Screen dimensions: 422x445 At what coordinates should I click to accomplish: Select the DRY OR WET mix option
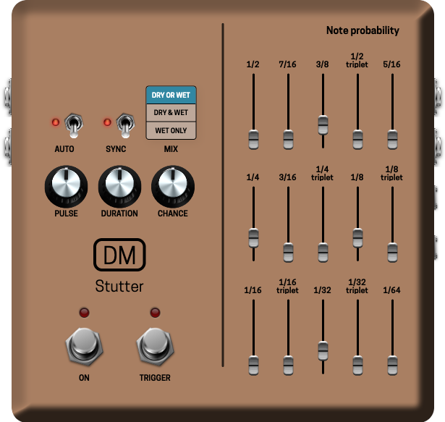[171, 95]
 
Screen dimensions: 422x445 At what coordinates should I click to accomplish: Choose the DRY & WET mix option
[171, 113]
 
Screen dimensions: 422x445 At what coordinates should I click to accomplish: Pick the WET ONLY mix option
[171, 130]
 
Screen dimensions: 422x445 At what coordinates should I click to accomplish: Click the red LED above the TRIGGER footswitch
[155, 313]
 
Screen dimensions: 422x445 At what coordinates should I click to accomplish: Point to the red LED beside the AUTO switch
[55, 122]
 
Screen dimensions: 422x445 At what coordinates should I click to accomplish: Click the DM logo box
[120, 255]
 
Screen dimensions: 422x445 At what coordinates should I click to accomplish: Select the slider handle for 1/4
[253, 237]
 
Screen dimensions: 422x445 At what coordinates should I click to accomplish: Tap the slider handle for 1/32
[323, 350]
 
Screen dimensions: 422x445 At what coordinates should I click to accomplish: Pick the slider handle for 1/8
[357, 237]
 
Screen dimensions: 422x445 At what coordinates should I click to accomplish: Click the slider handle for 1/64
[392, 364]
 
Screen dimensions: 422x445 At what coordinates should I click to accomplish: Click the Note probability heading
[363, 30]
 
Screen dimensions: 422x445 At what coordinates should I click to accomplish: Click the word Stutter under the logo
[119, 287]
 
